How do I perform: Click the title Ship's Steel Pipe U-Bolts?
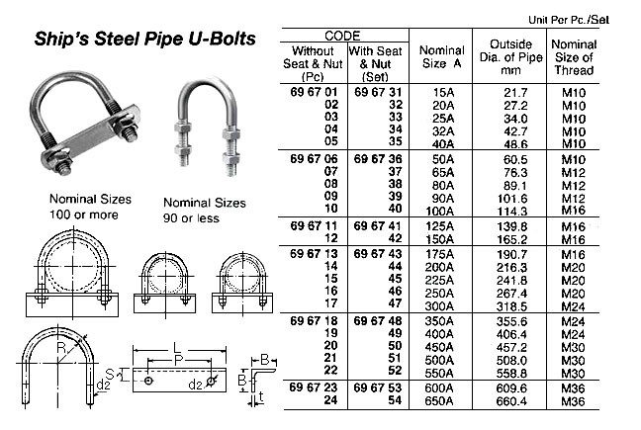click(145, 40)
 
